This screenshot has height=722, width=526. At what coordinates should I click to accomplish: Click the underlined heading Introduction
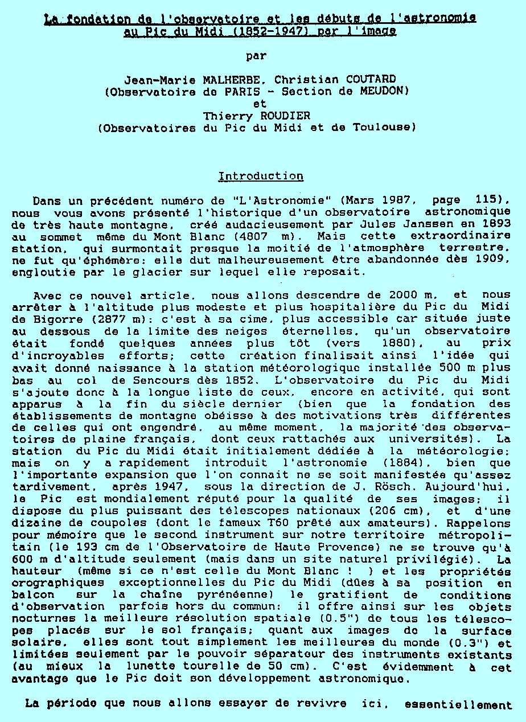coord(261,176)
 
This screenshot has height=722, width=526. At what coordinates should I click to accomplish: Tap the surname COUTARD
coord(369,79)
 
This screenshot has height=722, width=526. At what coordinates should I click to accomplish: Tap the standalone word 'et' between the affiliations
coord(260,104)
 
